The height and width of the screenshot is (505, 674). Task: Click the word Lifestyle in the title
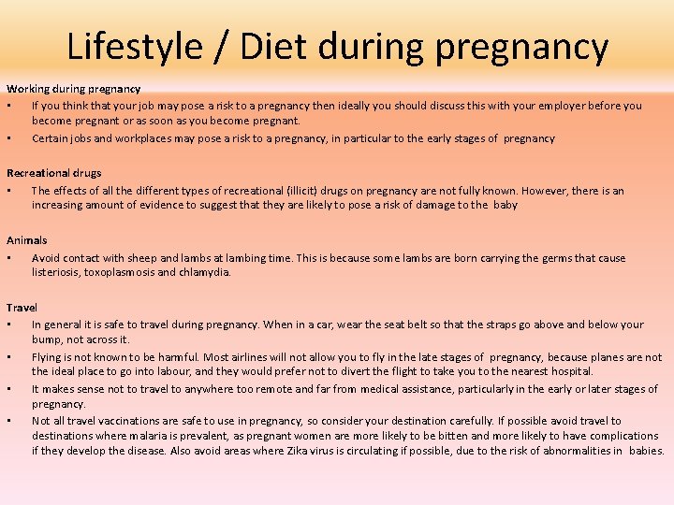pos(134,45)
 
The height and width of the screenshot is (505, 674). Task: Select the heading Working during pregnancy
pos(74,89)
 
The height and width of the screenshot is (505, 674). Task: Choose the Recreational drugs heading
pos(54,173)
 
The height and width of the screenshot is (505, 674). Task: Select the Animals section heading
pos(27,240)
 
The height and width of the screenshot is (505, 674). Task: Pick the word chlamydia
pos(207,272)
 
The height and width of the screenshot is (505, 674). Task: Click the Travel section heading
pos(22,307)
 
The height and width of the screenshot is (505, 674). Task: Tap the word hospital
pos(572,371)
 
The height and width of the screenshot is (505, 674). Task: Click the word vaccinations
pos(125,421)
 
